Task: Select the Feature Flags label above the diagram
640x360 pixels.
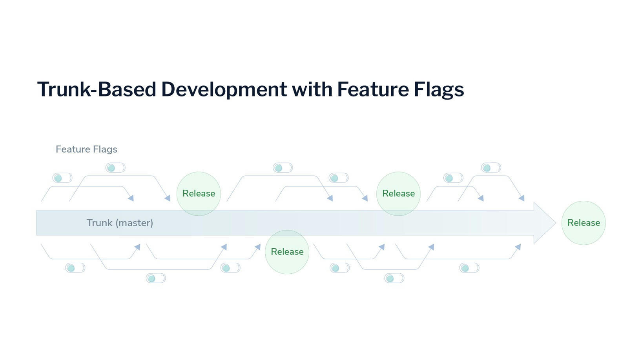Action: point(86,149)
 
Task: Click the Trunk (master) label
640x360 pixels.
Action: point(120,223)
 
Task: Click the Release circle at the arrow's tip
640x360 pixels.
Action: point(583,223)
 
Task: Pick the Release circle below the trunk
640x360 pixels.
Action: point(287,252)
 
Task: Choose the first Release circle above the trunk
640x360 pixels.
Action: point(199,194)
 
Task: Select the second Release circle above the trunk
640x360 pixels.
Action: point(398,194)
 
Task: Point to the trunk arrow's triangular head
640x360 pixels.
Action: point(543,223)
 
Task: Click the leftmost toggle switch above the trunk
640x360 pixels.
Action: point(62,178)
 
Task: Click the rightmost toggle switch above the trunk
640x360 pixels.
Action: point(491,168)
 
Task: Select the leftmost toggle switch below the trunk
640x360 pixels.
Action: point(75,268)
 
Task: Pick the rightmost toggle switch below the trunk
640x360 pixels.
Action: point(469,268)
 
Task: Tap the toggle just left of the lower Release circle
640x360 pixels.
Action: point(230,268)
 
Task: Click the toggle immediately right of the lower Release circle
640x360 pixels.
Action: point(339,268)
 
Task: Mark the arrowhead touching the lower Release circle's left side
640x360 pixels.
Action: point(258,247)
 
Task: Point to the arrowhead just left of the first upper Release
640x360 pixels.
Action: point(168,198)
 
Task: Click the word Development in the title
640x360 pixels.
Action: point(224,89)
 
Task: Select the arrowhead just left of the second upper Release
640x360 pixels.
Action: point(365,198)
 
